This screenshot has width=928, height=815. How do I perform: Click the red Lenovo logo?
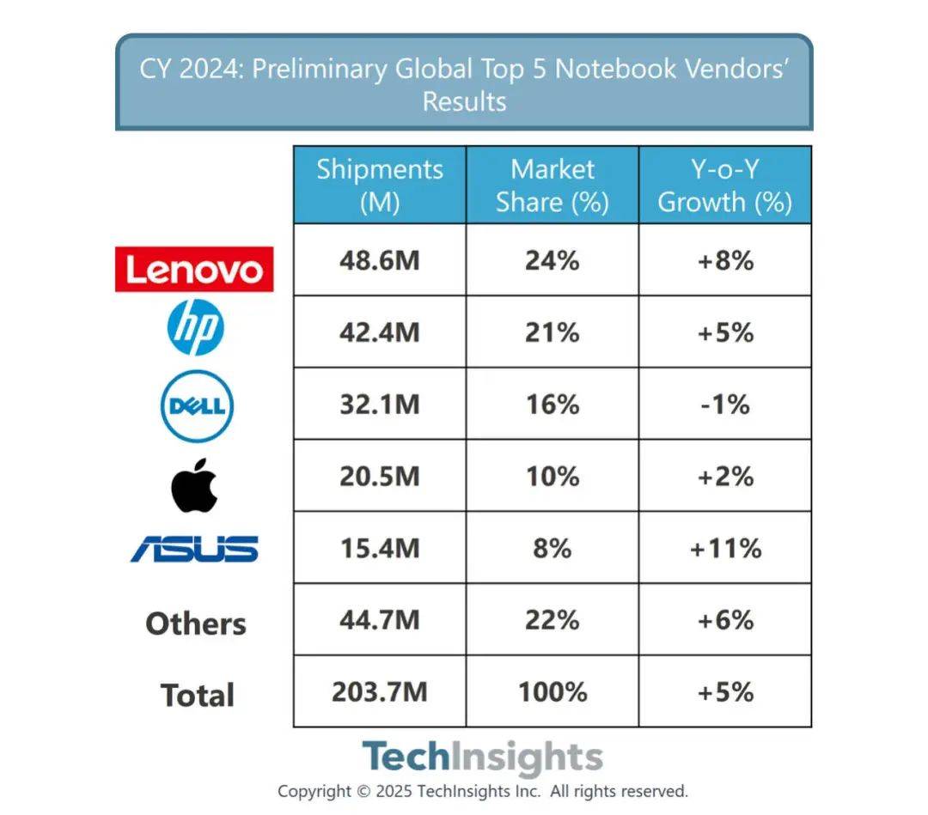point(194,270)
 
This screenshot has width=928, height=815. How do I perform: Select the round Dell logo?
point(197,404)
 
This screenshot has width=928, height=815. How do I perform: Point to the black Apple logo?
point(194,484)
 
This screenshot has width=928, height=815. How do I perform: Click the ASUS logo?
point(194,548)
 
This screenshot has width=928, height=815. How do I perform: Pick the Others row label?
point(196,623)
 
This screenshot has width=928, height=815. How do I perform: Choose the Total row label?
point(197,695)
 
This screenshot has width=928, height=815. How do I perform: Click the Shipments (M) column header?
point(380,186)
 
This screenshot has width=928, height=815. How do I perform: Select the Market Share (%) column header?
point(553,186)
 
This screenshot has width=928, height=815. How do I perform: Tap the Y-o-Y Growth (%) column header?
point(725,186)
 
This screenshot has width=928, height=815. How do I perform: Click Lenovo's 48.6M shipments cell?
point(380,260)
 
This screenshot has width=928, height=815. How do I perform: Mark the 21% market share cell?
point(553,331)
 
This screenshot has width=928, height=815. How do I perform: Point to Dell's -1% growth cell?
point(725,404)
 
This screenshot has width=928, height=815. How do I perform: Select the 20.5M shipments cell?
point(380,476)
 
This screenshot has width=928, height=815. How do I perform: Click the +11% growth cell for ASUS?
point(725,548)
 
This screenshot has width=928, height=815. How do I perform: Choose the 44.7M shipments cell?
point(380,619)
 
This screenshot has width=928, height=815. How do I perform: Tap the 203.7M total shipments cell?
point(380,691)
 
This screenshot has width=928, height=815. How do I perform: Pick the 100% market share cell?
point(553,691)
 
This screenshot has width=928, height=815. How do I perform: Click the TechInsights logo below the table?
point(482,757)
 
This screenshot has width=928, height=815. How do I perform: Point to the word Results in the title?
point(464,101)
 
